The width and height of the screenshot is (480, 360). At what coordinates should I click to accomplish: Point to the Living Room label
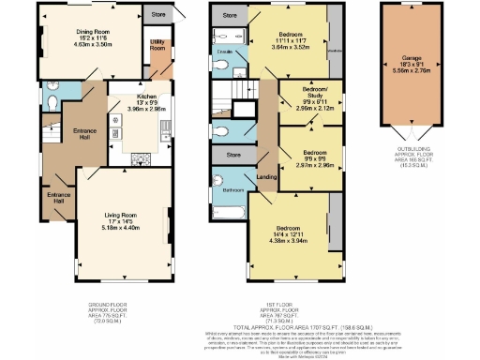[120, 215]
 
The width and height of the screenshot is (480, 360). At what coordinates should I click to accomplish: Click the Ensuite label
[225, 47]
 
